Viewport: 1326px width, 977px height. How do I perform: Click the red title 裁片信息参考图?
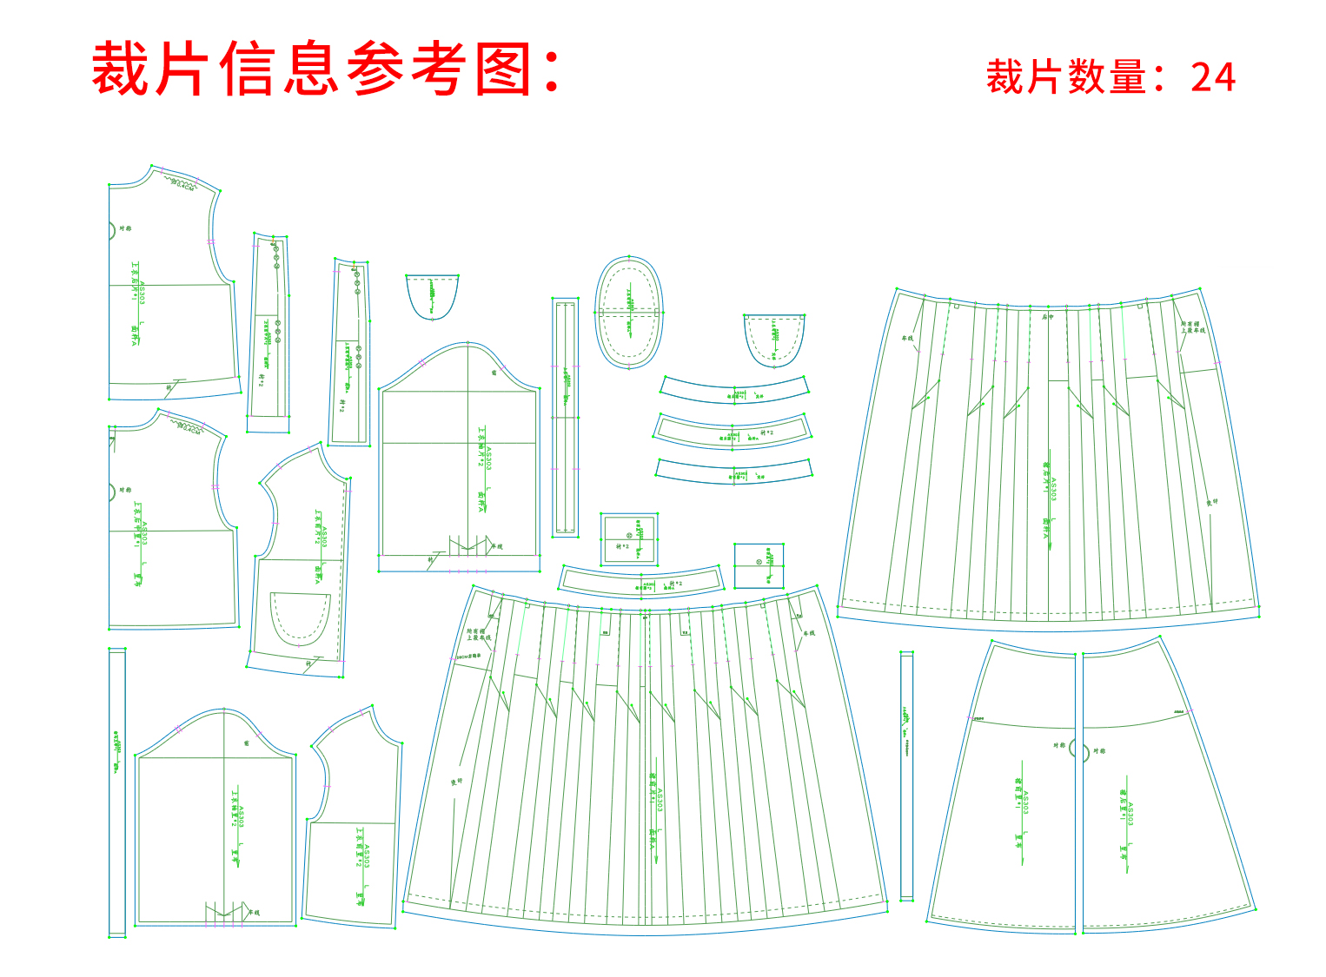click(326, 69)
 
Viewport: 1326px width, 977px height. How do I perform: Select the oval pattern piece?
click(629, 312)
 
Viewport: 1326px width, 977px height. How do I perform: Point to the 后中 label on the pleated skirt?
click(1048, 317)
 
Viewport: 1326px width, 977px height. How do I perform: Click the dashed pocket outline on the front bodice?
click(300, 618)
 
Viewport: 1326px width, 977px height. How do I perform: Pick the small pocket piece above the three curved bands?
click(773, 340)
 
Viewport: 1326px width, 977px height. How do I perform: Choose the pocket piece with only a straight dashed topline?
click(432, 296)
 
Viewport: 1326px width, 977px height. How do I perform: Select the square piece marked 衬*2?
click(629, 538)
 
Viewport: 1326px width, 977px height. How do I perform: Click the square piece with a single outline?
click(759, 565)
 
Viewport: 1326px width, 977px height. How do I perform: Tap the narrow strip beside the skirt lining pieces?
click(906, 776)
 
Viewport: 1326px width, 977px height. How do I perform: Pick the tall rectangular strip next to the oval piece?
click(565, 417)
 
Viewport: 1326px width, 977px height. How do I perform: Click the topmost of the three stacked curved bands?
click(735, 390)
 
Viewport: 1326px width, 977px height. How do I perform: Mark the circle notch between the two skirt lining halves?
click(1077, 749)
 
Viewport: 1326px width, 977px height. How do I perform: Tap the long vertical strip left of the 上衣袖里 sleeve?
click(116, 790)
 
